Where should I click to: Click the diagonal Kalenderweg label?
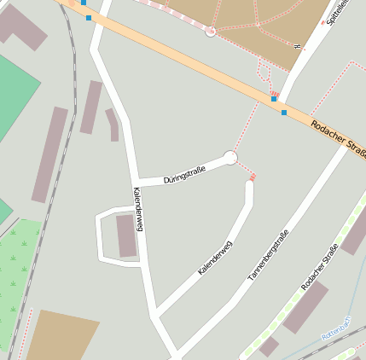[215, 257]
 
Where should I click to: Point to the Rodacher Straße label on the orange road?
[338, 136]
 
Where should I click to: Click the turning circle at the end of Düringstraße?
[229, 157]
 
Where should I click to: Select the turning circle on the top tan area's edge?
[211, 32]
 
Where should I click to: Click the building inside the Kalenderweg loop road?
[126, 235]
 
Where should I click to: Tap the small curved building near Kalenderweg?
[113, 124]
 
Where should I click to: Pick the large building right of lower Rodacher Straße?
[305, 306]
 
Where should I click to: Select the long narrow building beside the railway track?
[49, 154]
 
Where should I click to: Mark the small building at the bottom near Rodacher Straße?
[269, 345]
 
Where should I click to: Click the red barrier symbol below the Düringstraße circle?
[253, 177]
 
